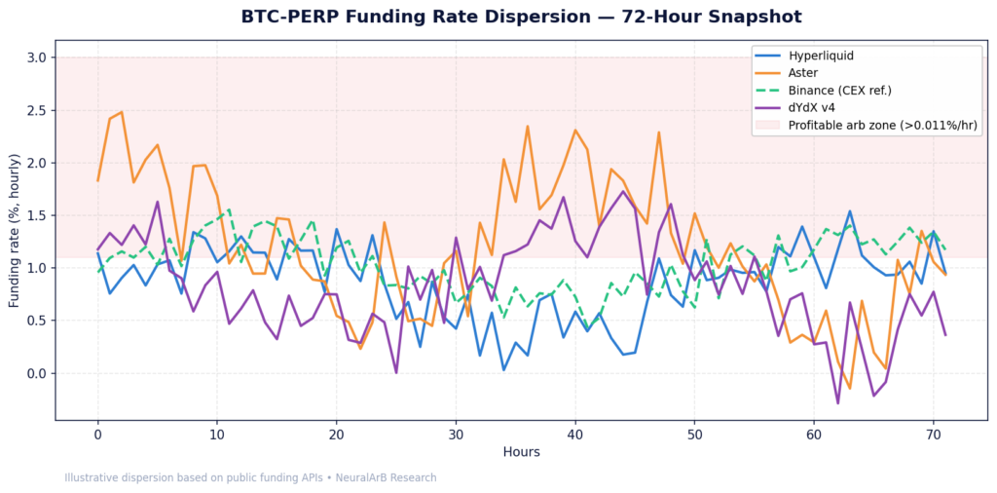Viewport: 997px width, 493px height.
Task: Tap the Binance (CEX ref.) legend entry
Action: (840, 90)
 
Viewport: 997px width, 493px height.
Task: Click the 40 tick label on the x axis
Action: (575, 432)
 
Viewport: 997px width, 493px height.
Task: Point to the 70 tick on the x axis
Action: (934, 432)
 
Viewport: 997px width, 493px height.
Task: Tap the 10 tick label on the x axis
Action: (217, 432)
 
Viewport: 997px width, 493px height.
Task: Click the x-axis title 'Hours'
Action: (521, 452)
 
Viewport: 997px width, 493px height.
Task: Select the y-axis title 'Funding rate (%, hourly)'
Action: (15, 231)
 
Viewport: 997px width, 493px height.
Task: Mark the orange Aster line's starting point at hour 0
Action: (97, 180)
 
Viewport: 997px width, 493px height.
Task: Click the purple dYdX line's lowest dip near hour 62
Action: (837, 402)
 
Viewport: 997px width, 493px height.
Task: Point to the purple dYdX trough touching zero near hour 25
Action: (395, 372)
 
